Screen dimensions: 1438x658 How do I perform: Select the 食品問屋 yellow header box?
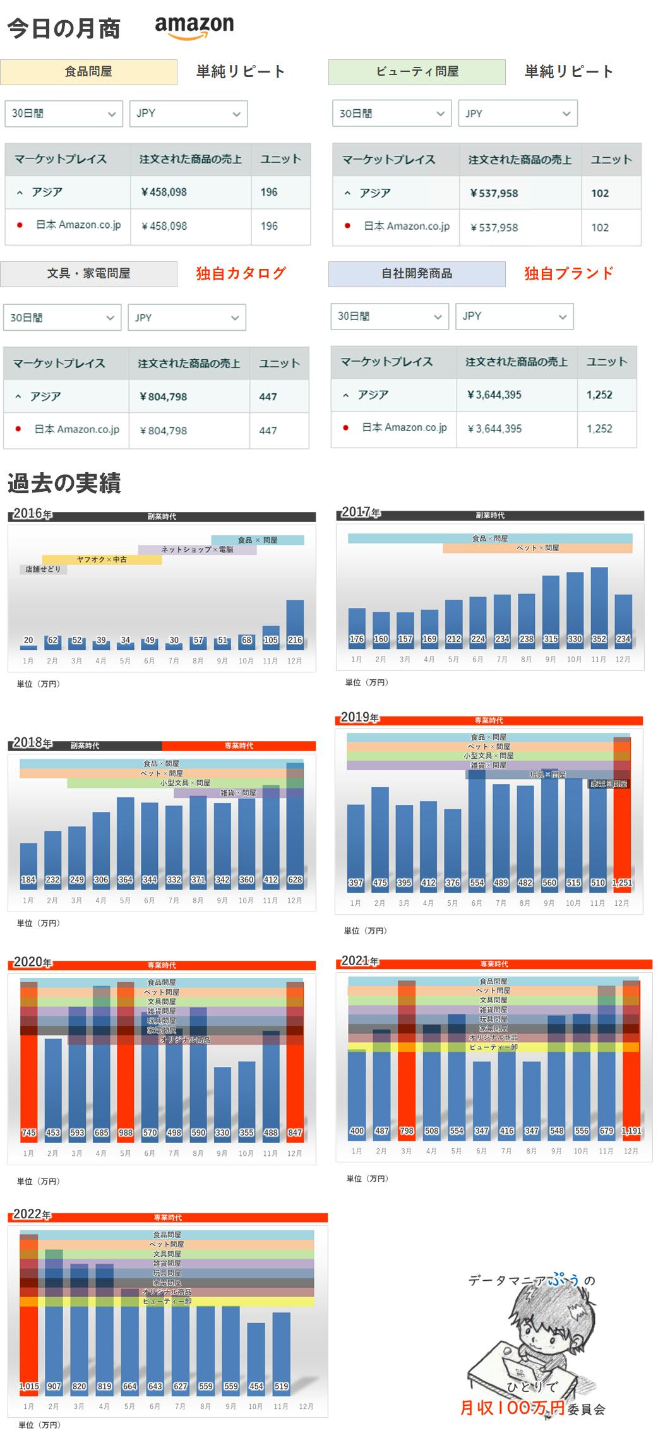click(88, 72)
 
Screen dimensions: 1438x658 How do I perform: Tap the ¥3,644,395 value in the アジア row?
click(494, 395)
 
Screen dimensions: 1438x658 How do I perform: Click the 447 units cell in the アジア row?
click(268, 396)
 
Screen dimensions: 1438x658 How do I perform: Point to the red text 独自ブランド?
click(568, 273)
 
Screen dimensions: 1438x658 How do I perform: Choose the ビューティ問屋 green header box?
click(417, 72)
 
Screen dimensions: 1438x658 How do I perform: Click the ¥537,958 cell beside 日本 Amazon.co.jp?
click(494, 227)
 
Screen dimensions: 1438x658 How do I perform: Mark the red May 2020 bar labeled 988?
click(125, 1073)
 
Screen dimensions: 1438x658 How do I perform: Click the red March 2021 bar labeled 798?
click(407, 1073)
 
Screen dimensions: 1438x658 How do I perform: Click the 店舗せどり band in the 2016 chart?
click(43, 569)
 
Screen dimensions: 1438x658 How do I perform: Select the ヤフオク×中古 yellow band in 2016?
click(102, 559)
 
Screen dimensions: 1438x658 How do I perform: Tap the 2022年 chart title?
click(32, 1215)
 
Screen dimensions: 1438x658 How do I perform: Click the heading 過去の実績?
click(64, 483)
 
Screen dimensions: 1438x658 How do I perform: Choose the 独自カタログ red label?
click(241, 273)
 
